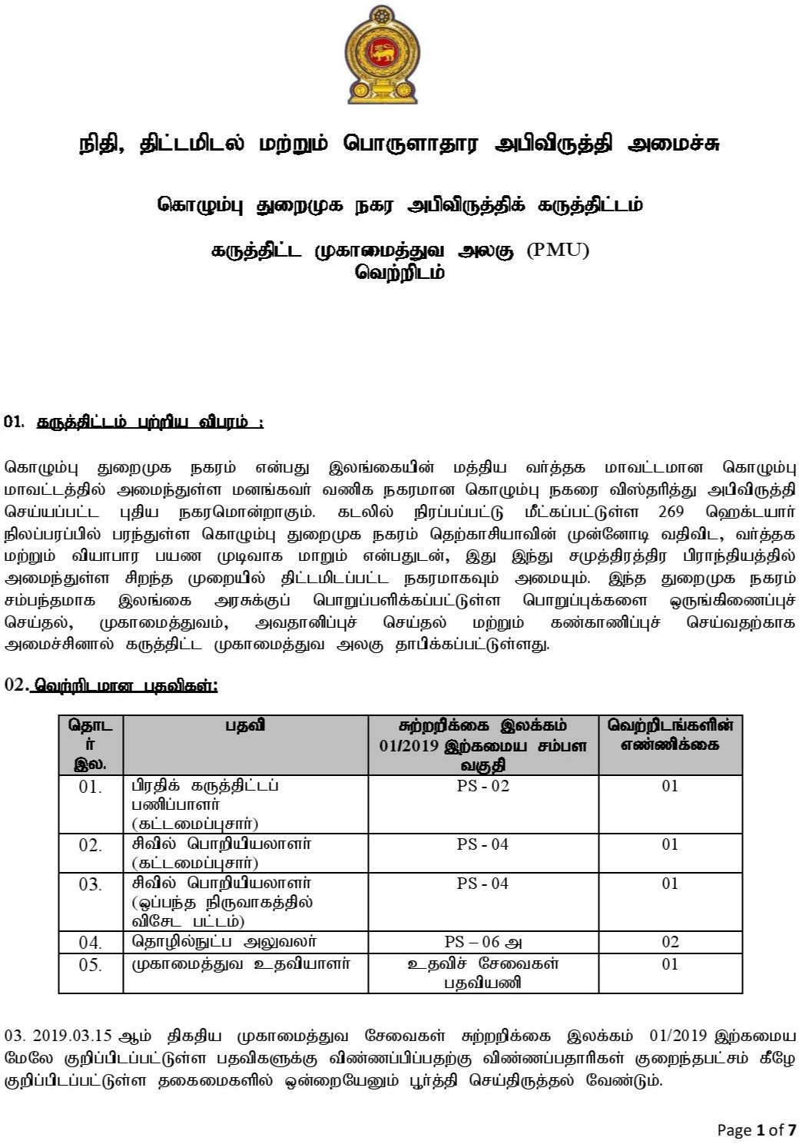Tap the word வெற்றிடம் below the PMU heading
point(399,272)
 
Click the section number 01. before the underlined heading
point(15,422)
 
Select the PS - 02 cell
point(482,786)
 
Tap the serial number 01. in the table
point(90,787)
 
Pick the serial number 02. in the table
point(90,845)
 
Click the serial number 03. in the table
point(90,884)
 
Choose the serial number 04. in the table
point(90,942)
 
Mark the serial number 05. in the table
point(90,964)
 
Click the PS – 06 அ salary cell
point(483,942)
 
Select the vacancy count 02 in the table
point(670,942)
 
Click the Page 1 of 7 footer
point(756,1129)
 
